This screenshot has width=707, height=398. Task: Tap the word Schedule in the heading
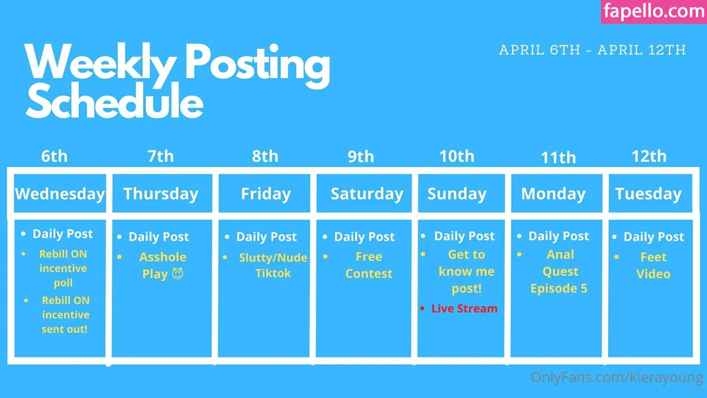pyautogui.click(x=114, y=100)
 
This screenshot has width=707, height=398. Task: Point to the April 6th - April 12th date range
pyautogui.click(x=593, y=50)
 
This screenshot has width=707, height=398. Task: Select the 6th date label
pyautogui.click(x=54, y=156)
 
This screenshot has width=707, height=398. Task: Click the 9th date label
pyautogui.click(x=361, y=157)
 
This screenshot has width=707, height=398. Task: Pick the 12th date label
pyautogui.click(x=649, y=156)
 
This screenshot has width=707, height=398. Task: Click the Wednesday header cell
pyautogui.click(x=60, y=193)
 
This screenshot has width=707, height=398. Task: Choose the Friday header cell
pyautogui.click(x=264, y=193)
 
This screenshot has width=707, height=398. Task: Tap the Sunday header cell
pyautogui.click(x=461, y=193)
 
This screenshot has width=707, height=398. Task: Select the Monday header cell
pyautogui.click(x=556, y=193)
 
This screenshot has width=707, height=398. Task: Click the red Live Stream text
pyautogui.click(x=464, y=309)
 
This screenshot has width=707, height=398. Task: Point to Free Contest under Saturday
pyautogui.click(x=369, y=265)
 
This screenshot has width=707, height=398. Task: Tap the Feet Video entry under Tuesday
pyautogui.click(x=653, y=265)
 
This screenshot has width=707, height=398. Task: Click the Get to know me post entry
pyautogui.click(x=467, y=272)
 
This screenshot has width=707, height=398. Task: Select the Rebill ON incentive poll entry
pyautogui.click(x=63, y=268)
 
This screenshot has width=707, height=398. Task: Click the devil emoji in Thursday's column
pyautogui.click(x=177, y=274)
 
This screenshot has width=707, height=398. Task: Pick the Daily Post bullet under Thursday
pyautogui.click(x=159, y=237)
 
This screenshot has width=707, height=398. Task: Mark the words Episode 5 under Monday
pyautogui.click(x=559, y=288)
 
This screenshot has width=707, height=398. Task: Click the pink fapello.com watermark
pyautogui.click(x=654, y=11)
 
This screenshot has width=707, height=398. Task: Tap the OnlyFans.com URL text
pyautogui.click(x=617, y=377)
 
